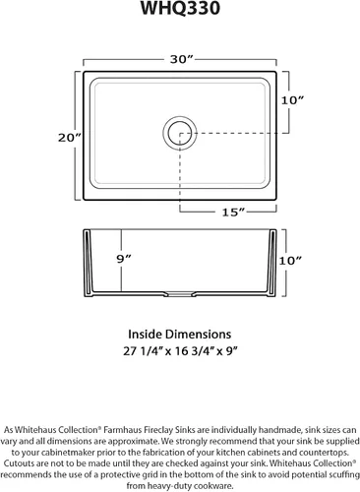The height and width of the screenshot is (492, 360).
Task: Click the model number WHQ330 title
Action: (180, 8)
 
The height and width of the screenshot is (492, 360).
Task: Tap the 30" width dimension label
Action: (182, 59)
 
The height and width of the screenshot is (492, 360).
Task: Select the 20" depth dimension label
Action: (70, 138)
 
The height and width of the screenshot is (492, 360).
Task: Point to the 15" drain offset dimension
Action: (233, 213)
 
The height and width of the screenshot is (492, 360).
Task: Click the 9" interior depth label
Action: (124, 259)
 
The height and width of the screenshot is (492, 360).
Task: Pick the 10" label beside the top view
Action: (292, 100)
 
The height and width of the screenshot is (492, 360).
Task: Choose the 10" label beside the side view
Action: (290, 261)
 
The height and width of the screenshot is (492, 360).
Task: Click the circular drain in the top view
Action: (180, 133)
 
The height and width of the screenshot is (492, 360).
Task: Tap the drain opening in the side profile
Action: (179, 293)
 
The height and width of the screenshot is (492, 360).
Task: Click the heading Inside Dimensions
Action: (180, 335)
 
